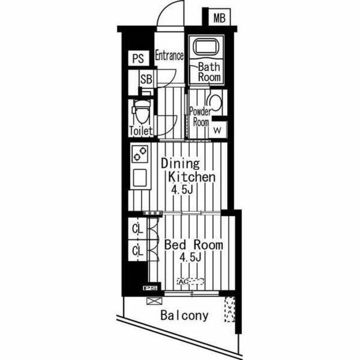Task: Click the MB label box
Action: [x=219, y=17]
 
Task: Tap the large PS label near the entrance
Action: [x=138, y=58]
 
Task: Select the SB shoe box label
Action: [x=146, y=79]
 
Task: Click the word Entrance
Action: [x=169, y=56]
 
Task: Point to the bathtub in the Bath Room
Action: [x=205, y=47]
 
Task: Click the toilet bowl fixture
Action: [x=142, y=112]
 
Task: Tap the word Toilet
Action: [x=141, y=131]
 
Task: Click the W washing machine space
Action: [x=218, y=130]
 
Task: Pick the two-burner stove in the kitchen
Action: [x=140, y=154]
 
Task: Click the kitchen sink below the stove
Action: [x=140, y=178]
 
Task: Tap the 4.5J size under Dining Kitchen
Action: [x=182, y=190]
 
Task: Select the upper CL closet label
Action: [x=138, y=229]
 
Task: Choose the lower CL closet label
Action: [x=138, y=251]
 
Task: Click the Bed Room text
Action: [x=193, y=245]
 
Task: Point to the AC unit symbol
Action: [x=190, y=282]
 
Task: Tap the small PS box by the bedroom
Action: [x=150, y=288]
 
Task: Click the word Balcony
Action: [x=184, y=316]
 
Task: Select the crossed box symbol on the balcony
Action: [x=154, y=301]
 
